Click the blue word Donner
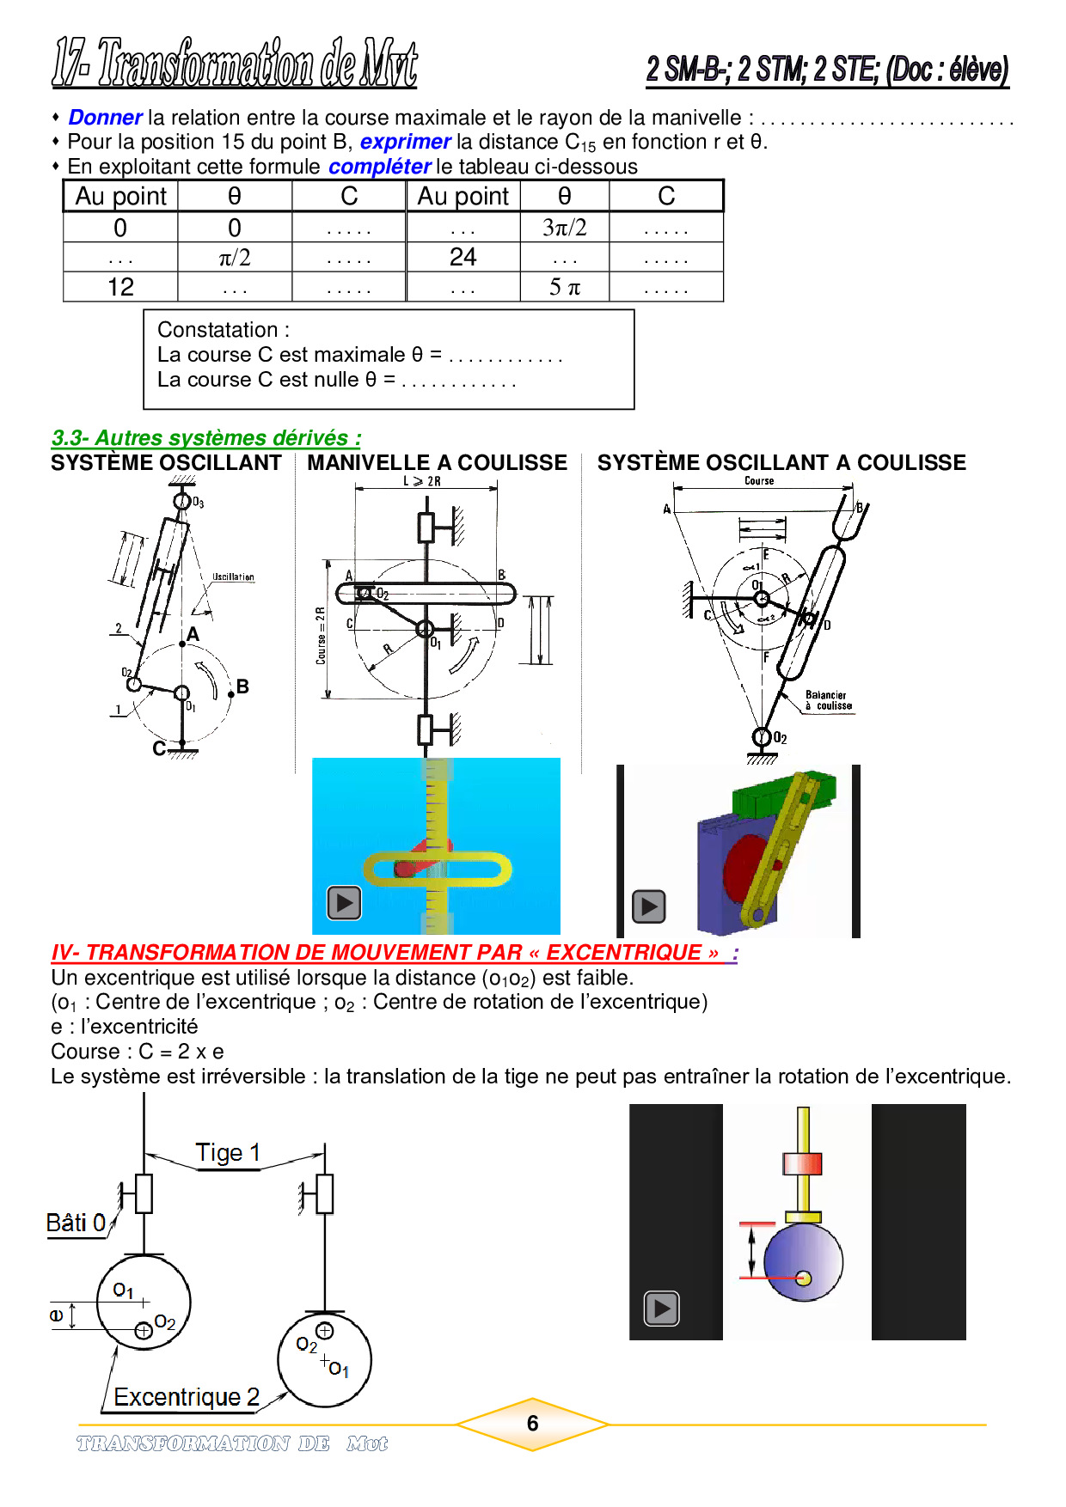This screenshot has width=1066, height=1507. [x=105, y=118]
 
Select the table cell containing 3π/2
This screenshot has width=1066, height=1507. [x=564, y=228]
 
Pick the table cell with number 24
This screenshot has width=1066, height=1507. [x=463, y=257]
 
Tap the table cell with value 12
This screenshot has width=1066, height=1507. [x=120, y=287]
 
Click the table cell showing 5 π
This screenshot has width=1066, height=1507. [x=564, y=287]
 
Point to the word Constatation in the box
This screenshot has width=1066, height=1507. [x=218, y=330]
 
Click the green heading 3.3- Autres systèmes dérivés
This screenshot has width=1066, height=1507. [x=205, y=438]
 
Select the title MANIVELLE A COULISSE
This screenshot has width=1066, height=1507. [x=437, y=463]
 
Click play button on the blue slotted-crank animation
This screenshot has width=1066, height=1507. [x=344, y=903]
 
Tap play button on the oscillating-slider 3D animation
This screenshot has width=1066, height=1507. [x=649, y=906]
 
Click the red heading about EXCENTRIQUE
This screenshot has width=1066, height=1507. [x=393, y=953]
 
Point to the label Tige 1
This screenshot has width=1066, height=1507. [x=228, y=1153]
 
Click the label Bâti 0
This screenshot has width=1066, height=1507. [x=76, y=1223]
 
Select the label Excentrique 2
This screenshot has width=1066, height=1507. [x=186, y=1397]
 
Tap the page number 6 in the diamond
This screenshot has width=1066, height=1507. [x=532, y=1424]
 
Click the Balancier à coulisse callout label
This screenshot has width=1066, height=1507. [x=828, y=700]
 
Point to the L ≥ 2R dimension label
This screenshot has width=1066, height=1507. [x=422, y=482]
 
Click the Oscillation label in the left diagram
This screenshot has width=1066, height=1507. [x=233, y=577]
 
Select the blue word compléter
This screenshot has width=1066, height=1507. [x=379, y=167]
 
